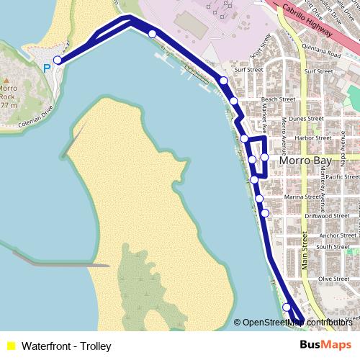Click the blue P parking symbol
47,68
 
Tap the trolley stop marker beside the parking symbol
58,60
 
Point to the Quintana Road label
323,53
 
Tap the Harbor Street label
293,138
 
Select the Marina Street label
302,196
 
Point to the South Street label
333,247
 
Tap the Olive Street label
333,279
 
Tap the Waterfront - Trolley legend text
66,346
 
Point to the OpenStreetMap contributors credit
296,323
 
